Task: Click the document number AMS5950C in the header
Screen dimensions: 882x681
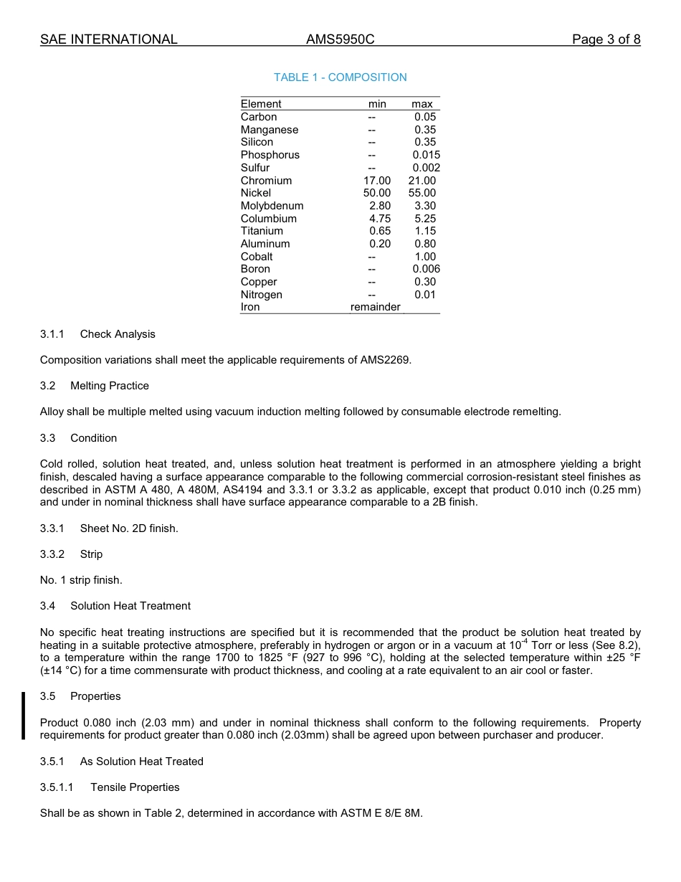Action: (340, 39)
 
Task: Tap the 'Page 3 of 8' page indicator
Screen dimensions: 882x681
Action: (606, 39)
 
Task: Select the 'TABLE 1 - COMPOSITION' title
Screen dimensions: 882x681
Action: (340, 77)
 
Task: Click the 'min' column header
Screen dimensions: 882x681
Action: (377, 104)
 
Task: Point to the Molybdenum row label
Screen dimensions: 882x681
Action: (272, 206)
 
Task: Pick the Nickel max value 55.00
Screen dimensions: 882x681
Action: (422, 193)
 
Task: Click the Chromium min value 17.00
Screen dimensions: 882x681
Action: (377, 181)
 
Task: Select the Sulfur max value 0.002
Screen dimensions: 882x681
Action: (426, 168)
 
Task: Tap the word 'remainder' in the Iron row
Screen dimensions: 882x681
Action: (375, 307)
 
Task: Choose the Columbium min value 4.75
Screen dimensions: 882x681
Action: (380, 219)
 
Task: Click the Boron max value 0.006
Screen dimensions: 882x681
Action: (426, 269)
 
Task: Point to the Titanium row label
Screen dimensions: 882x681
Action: (262, 231)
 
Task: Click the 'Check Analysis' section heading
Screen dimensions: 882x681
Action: (118, 334)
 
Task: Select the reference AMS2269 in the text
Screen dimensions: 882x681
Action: (385, 360)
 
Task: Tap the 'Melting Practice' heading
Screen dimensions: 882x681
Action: (110, 386)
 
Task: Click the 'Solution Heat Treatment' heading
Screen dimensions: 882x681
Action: (130, 606)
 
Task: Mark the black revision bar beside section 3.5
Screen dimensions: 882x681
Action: (23, 715)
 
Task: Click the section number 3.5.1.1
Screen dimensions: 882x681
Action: (57, 787)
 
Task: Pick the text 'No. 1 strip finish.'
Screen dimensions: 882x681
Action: (81, 580)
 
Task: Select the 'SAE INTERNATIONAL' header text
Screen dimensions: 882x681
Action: (108, 39)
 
